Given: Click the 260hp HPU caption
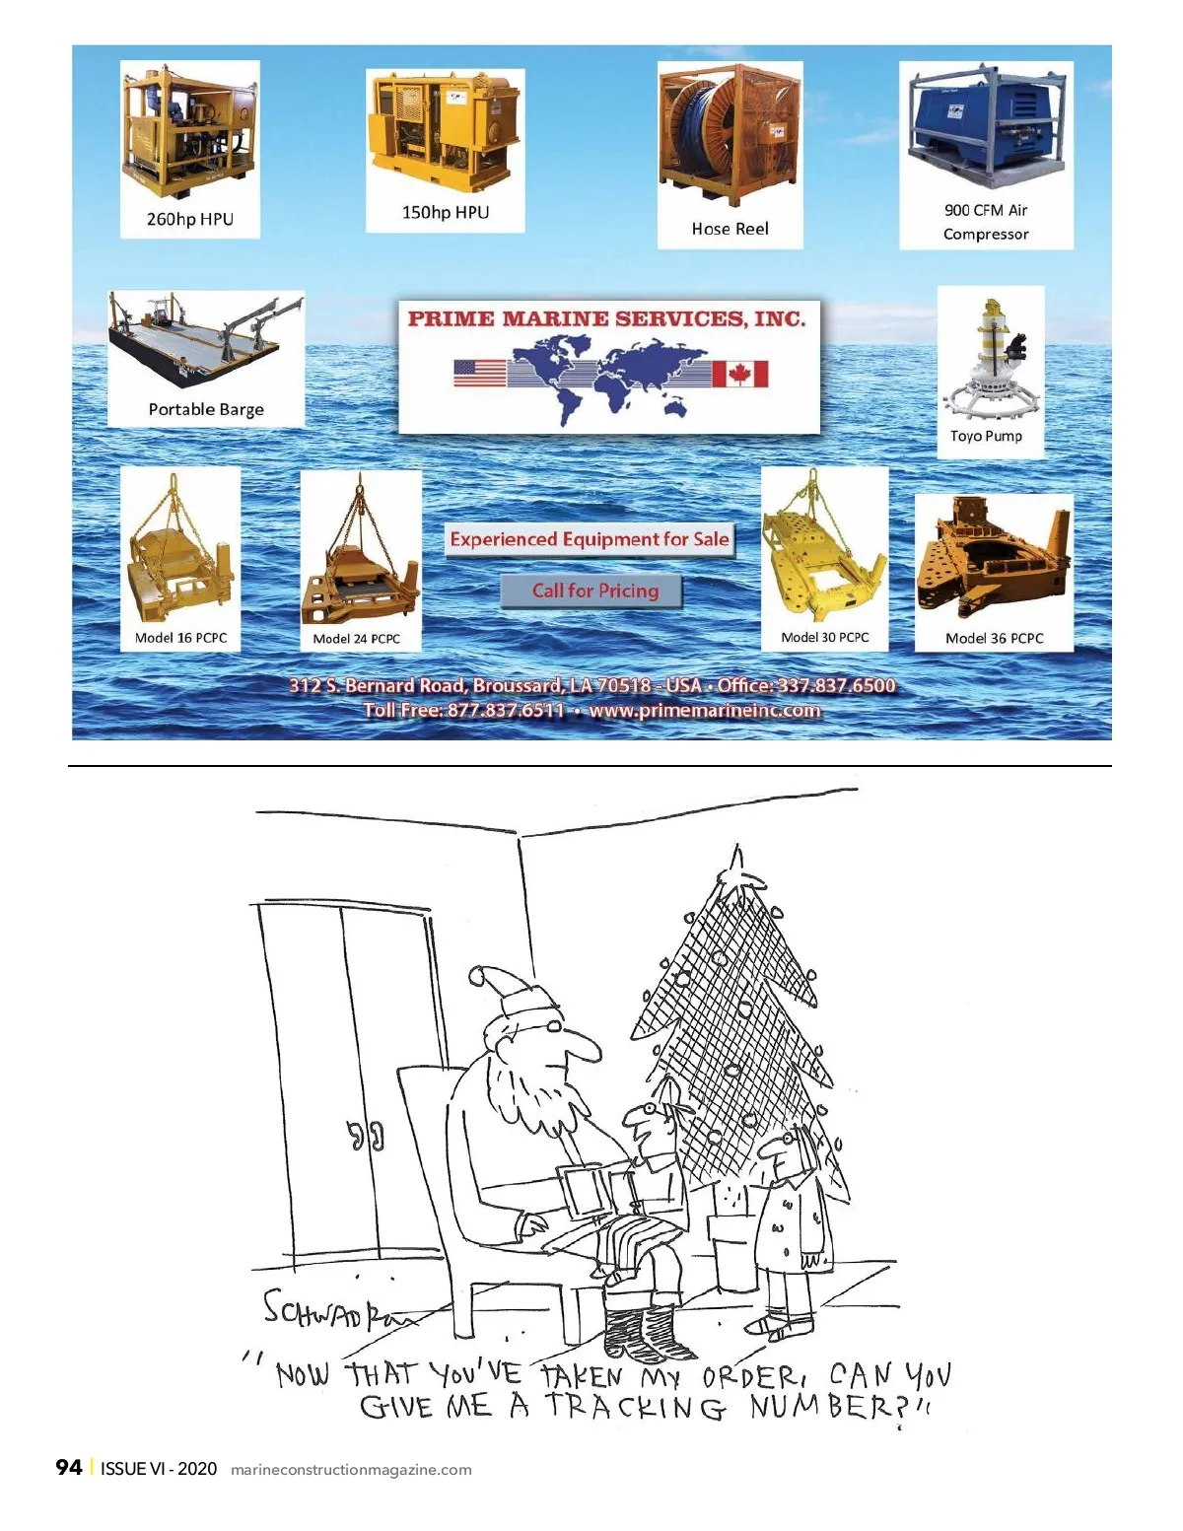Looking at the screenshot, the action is tap(189, 219).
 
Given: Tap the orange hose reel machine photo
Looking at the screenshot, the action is tap(730, 134).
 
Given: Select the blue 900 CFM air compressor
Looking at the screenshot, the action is tap(986, 127).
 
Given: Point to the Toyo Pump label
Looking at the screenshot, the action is tap(986, 436).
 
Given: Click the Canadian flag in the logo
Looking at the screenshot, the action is tap(739, 374).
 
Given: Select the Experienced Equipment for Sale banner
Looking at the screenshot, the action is tap(590, 539).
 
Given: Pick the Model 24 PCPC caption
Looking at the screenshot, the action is tap(356, 639).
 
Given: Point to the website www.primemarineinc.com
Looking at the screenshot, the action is tap(705, 710).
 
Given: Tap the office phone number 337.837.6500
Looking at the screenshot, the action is tap(836, 685).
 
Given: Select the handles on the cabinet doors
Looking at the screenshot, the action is tap(366, 1135).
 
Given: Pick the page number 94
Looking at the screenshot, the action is tap(68, 1467).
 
